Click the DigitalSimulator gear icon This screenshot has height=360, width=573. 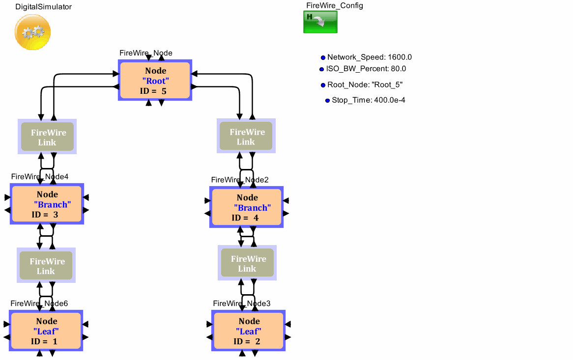click(32, 32)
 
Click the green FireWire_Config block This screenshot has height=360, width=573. click(320, 22)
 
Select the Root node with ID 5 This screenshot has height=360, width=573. click(155, 81)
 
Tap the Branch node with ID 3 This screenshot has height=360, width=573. click(47, 204)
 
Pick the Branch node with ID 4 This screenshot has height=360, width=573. click(247, 207)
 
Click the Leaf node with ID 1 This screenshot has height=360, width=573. click(46, 331)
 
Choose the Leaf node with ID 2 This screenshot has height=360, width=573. click(248, 331)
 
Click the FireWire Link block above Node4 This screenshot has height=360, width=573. click(47, 137)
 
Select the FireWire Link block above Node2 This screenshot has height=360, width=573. click(246, 137)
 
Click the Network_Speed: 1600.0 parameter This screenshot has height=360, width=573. click(369, 57)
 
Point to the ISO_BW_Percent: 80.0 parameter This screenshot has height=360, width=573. click(366, 69)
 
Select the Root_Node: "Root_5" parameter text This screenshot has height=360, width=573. click(365, 84)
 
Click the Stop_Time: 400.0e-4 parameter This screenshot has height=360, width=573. click(368, 100)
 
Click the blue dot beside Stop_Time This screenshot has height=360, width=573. click(328, 101)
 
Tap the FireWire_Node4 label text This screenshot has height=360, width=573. click(40, 177)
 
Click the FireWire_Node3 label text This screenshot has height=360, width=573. click(241, 304)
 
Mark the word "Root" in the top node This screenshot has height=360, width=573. click(155, 81)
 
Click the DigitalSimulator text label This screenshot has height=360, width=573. click(43, 7)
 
